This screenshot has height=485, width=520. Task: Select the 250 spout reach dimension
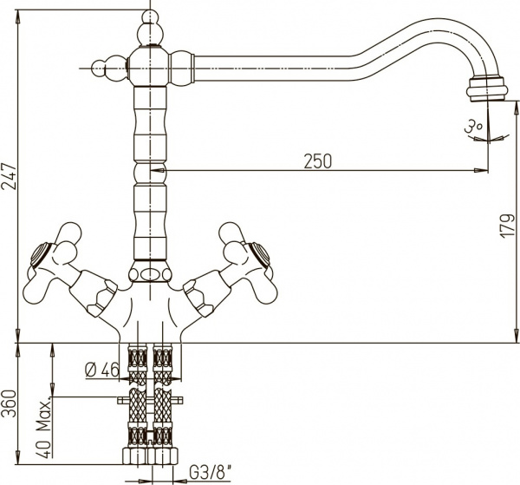[x=319, y=161]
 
